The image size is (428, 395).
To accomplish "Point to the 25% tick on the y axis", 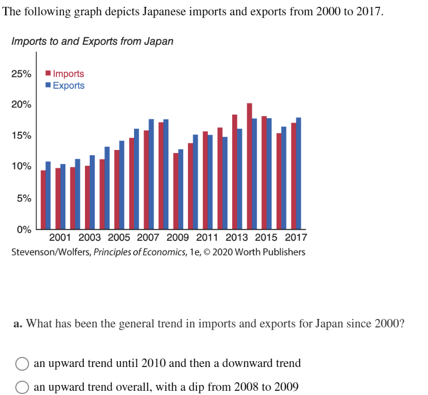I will (21, 73).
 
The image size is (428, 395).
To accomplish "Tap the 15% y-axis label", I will (21, 136).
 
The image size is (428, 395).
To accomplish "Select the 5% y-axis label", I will (23, 199).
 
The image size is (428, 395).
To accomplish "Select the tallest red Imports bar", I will (250, 166).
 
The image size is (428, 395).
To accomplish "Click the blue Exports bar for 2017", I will (299, 174).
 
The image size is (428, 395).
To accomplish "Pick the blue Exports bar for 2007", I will (151, 174).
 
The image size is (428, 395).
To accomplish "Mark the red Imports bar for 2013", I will (235, 172).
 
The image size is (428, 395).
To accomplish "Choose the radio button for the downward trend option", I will (22, 364).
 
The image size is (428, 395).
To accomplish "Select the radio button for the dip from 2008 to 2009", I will (22, 388).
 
